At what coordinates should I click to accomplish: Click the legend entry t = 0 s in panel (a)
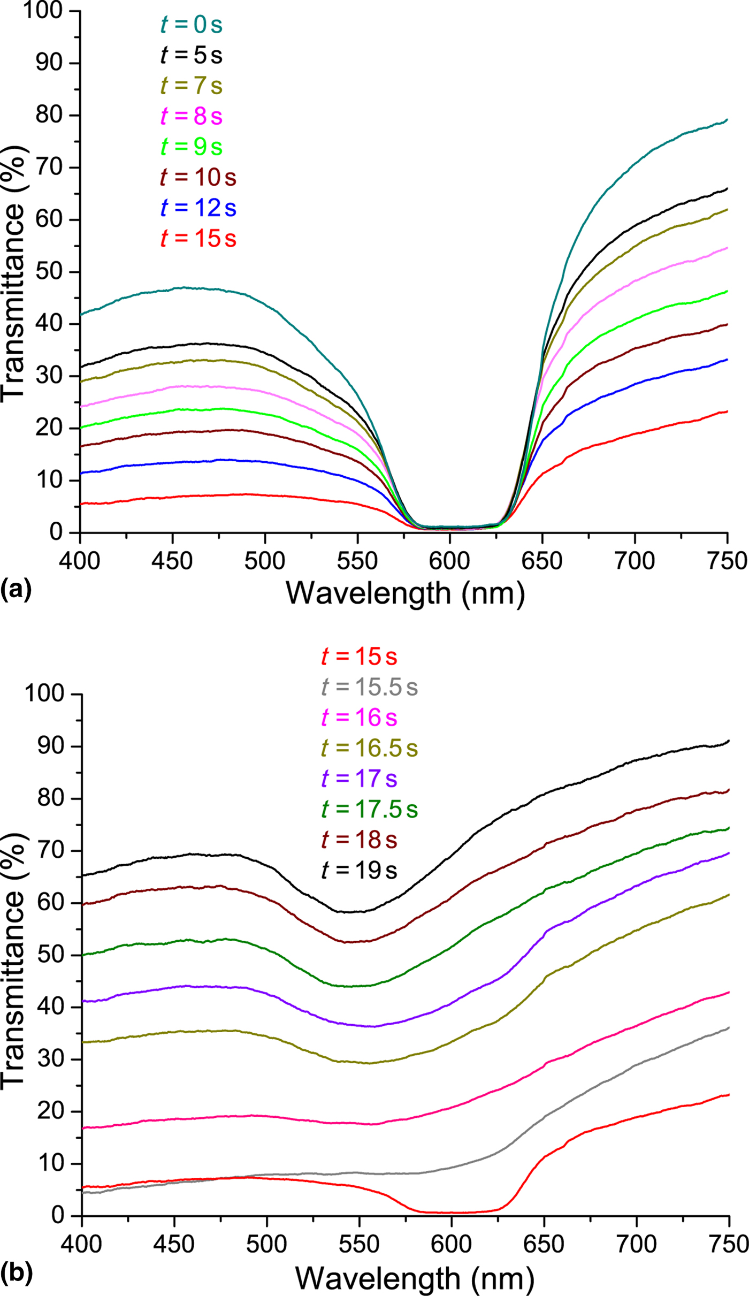click(191, 25)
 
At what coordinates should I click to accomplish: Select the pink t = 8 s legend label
click(191, 116)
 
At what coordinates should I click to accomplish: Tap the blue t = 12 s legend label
click(198, 208)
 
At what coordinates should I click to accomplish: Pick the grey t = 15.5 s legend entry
click(369, 687)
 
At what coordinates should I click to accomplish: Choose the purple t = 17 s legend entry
click(359, 779)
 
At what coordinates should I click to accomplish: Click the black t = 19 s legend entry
click(359, 871)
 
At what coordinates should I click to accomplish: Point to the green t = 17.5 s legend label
click(369, 810)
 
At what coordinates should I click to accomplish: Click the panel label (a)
click(16, 589)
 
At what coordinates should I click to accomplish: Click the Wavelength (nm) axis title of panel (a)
click(405, 593)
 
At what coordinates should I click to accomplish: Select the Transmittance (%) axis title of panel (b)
click(13, 960)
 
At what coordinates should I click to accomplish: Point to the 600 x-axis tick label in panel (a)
click(450, 561)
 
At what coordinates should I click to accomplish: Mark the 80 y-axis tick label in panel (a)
click(49, 115)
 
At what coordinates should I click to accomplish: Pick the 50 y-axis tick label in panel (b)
click(51, 955)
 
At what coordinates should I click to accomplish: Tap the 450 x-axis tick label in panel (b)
click(174, 1245)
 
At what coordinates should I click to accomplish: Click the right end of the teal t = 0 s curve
click(727, 120)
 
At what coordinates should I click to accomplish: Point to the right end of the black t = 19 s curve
click(728, 741)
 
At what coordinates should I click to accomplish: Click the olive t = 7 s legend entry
click(191, 86)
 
